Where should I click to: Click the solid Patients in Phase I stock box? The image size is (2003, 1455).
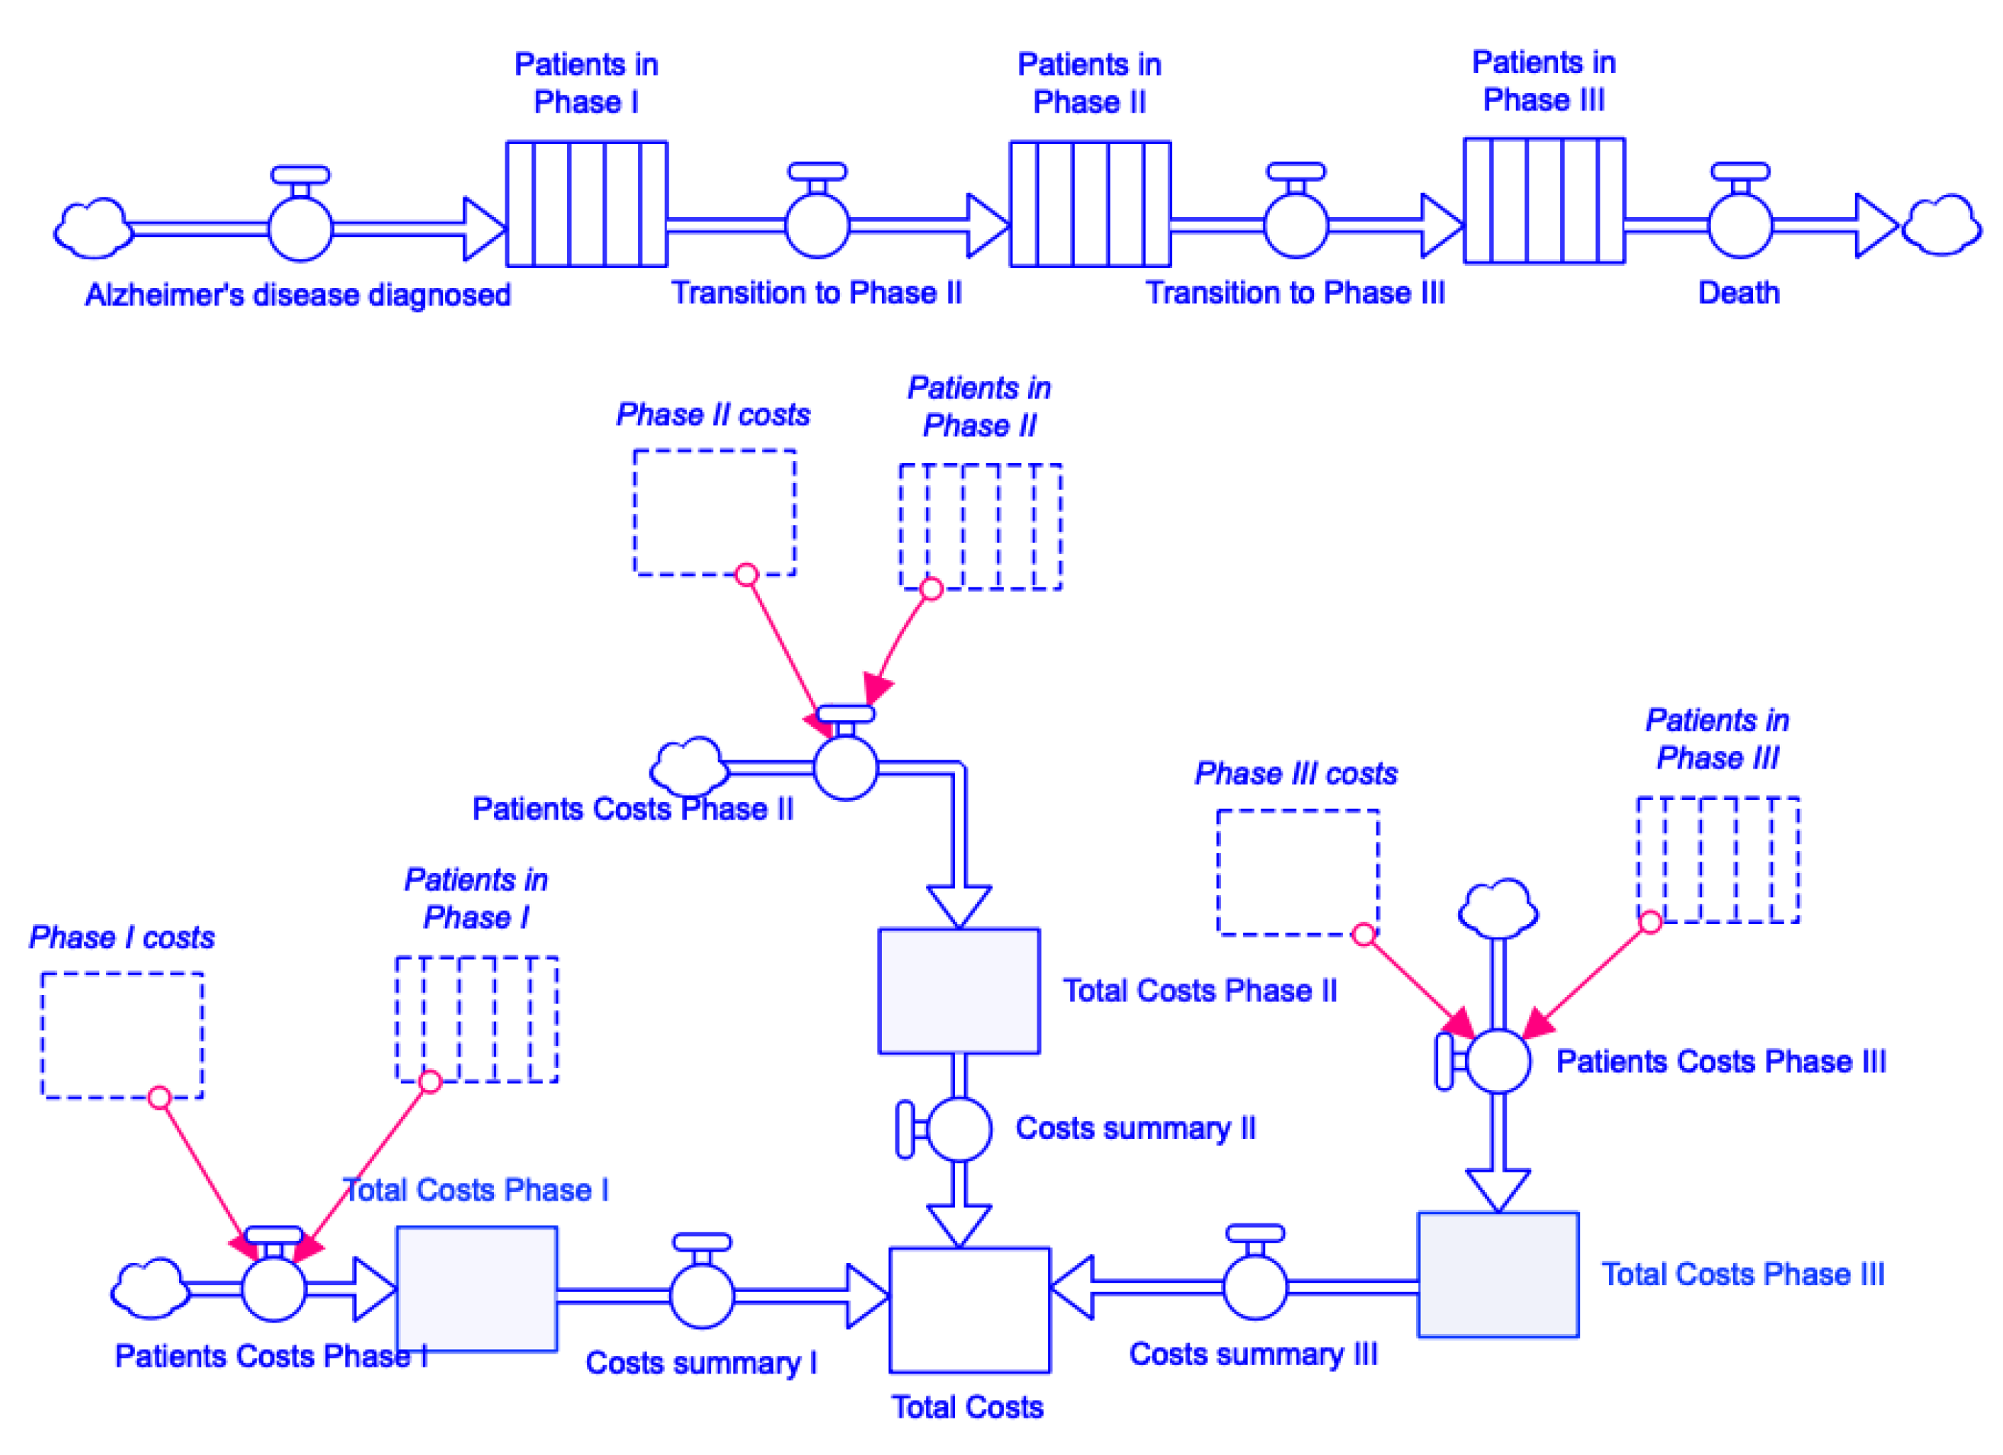[x=586, y=204]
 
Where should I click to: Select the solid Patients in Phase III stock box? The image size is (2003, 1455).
[x=1543, y=200]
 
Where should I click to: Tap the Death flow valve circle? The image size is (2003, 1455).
[x=1740, y=226]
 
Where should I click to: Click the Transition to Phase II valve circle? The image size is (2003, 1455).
[x=817, y=226]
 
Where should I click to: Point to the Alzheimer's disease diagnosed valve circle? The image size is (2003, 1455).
[x=300, y=229]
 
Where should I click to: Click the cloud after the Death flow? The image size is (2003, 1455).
[x=1941, y=226]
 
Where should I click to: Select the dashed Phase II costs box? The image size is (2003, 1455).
[x=713, y=512]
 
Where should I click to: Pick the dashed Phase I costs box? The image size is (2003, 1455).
[x=122, y=1034]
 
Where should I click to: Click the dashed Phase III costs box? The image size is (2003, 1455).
[x=1297, y=871]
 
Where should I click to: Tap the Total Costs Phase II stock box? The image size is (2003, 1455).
[x=958, y=990]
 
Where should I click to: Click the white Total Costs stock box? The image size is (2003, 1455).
[x=969, y=1309]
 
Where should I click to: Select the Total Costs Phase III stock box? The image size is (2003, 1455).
[x=1498, y=1274]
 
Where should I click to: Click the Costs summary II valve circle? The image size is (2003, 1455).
[x=959, y=1128]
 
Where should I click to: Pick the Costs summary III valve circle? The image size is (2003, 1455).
[x=1255, y=1287]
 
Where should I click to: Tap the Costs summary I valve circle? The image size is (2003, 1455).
[x=702, y=1296]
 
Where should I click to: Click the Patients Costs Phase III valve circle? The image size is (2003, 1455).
[x=1498, y=1060]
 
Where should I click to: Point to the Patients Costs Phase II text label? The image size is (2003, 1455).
[x=633, y=809]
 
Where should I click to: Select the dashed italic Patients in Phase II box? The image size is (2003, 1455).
[x=979, y=526]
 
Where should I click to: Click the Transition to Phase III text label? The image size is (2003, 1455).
[x=1295, y=293]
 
